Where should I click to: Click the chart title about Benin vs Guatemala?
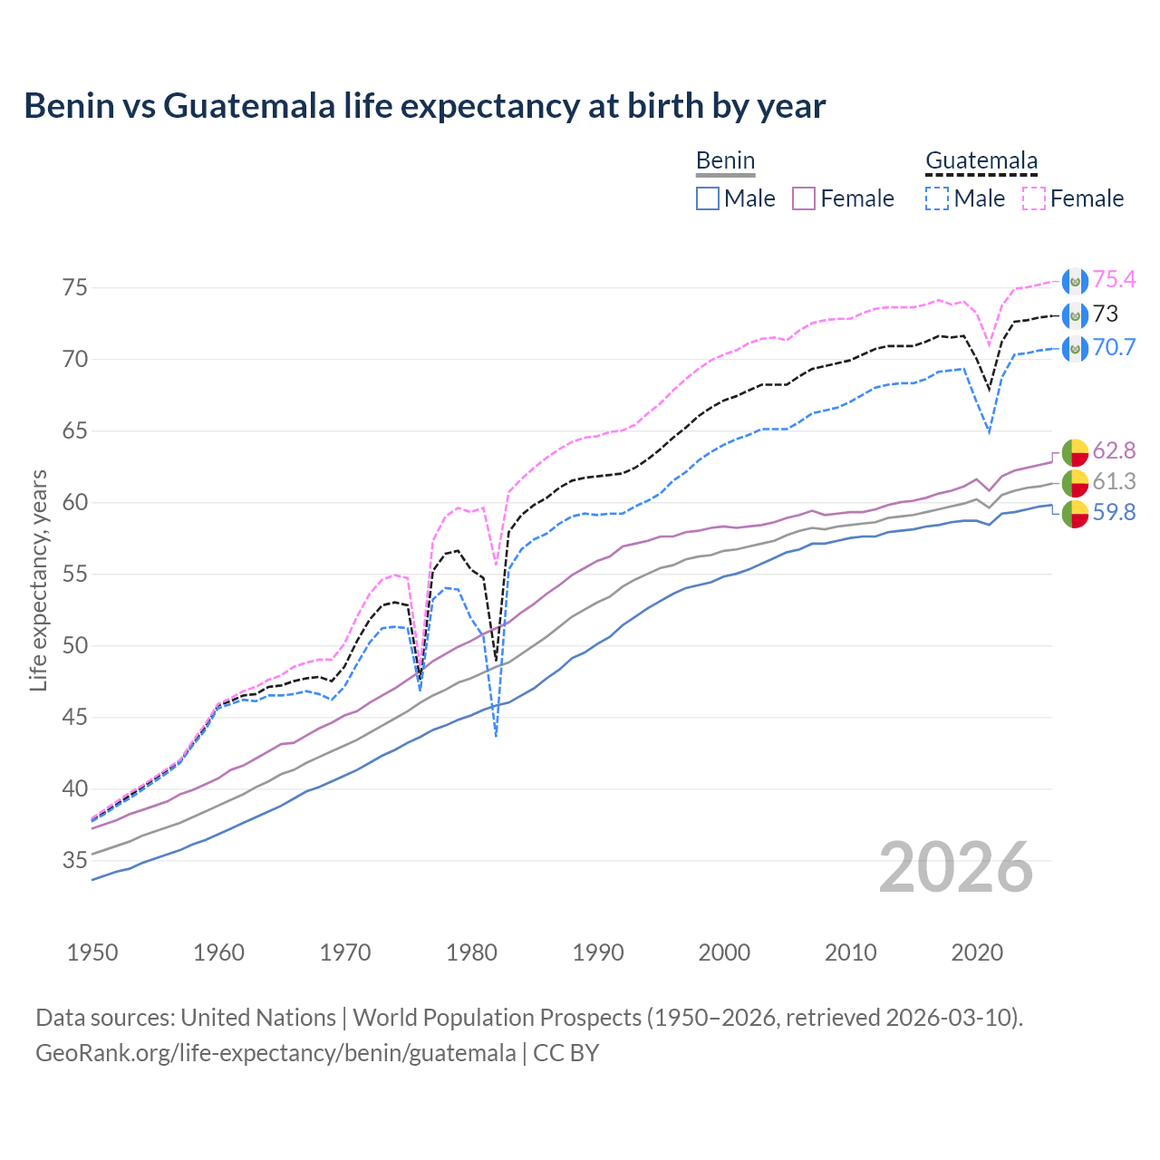tap(424, 106)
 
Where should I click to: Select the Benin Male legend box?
tap(708, 198)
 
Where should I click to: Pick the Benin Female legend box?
tap(804, 198)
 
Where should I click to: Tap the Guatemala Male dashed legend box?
tap(937, 198)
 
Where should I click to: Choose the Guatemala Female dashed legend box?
tap(1033, 198)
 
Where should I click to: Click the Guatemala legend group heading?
tap(981, 161)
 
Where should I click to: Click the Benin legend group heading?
tap(725, 161)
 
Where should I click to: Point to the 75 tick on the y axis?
tap(75, 288)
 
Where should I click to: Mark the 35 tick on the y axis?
tap(75, 860)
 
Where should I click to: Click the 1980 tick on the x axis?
tap(471, 952)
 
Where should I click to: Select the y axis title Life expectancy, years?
tap(38, 580)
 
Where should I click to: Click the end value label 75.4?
tap(1114, 280)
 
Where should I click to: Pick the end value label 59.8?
tap(1114, 513)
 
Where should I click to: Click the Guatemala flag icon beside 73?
tap(1074, 315)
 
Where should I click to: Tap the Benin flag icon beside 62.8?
tap(1074, 451)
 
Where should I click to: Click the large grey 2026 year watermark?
tap(955, 868)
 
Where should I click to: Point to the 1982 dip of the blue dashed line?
tap(496, 734)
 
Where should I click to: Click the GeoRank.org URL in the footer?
tap(275, 1053)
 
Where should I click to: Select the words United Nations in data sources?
tap(258, 1018)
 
